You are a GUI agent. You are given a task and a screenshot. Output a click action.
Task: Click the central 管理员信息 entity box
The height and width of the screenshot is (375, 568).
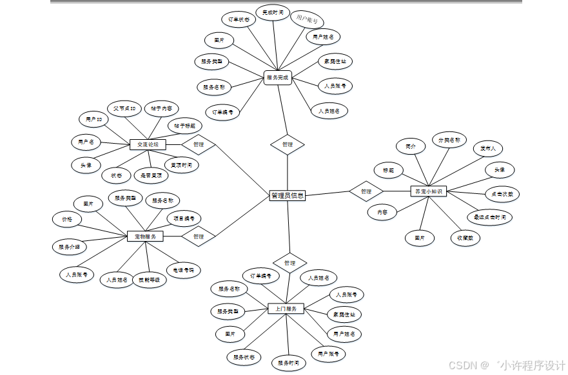[x=288, y=195]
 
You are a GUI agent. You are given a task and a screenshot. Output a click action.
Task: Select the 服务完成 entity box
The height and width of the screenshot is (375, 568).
[x=278, y=78]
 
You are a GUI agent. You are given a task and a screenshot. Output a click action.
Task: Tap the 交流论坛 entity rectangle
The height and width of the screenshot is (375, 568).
[x=148, y=145]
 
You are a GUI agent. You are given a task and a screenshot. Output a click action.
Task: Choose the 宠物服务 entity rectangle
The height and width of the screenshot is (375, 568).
[x=145, y=236]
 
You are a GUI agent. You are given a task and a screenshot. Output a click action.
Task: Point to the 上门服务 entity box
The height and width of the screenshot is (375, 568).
[x=286, y=309]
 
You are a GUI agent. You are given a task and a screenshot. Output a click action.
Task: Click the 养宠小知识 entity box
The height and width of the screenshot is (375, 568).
[x=428, y=191]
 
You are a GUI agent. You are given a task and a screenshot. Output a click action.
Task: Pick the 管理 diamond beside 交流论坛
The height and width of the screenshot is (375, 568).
[x=198, y=145]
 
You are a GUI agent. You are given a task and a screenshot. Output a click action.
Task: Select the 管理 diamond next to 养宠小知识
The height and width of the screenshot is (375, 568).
[x=366, y=191]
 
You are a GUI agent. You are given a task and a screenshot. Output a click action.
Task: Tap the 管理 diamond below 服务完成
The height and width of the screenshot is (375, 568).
[x=288, y=144]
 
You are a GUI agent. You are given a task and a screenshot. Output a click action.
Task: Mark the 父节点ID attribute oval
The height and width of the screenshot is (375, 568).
[x=124, y=108]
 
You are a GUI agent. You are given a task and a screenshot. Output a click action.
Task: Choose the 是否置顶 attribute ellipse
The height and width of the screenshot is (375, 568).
[x=152, y=175]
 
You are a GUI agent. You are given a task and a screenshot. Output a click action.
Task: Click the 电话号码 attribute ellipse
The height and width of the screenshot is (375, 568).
[x=183, y=269]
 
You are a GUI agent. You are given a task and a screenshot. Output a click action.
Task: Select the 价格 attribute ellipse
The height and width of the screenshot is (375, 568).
[x=67, y=220]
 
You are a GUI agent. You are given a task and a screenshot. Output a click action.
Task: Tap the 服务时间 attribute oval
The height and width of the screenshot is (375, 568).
[x=288, y=363]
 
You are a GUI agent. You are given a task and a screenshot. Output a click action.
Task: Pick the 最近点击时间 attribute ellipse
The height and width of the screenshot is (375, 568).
[x=489, y=217]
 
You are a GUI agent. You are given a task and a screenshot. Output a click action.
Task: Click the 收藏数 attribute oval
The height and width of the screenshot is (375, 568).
[x=465, y=238]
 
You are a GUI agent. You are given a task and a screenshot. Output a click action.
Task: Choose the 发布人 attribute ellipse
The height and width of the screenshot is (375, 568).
[x=487, y=148]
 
